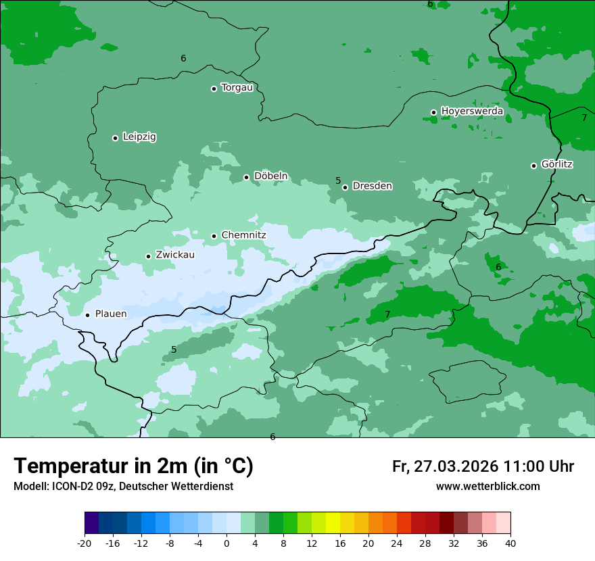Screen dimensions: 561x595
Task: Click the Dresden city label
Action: coord(372,186)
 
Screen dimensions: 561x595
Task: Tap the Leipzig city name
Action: coord(139,137)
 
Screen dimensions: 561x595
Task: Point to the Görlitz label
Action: coord(557,164)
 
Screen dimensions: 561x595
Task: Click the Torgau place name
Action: coord(237,87)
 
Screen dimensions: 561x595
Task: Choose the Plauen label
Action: coord(111,314)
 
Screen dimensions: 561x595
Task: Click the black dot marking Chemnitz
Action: coord(214,236)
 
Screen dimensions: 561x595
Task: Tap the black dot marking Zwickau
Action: coord(148,256)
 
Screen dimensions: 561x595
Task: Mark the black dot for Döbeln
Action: coord(247,177)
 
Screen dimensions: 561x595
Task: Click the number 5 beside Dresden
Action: coord(338,180)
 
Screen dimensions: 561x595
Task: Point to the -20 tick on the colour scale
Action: coord(85,543)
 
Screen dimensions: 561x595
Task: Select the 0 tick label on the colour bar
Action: coord(227,543)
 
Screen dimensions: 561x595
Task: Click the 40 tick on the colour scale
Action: coord(510,543)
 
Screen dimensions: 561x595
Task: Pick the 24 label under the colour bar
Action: coord(397,543)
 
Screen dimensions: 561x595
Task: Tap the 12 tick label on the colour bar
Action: coord(312,543)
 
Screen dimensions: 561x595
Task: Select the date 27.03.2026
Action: coord(455,466)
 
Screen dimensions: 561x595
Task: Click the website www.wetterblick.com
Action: coord(487,487)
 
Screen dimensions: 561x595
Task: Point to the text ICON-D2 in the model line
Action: coord(73,487)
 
